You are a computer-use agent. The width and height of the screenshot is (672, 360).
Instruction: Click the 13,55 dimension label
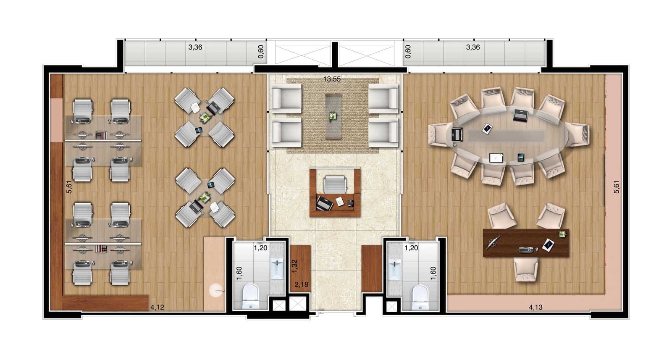tap(332, 79)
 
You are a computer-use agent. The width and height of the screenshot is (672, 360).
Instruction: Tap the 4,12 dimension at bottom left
tap(157, 307)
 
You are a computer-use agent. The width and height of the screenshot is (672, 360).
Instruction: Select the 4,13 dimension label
tap(535, 307)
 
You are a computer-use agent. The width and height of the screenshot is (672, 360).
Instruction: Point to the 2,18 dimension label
tap(301, 284)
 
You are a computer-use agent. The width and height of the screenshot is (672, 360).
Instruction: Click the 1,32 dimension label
tap(294, 266)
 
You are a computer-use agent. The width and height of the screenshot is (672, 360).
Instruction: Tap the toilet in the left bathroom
tap(250, 297)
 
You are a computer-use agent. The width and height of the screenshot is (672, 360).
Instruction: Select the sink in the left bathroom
tap(277, 268)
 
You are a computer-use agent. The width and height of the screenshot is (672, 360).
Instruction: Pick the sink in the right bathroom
tap(394, 269)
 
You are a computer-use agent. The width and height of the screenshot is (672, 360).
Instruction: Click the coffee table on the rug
tap(333, 116)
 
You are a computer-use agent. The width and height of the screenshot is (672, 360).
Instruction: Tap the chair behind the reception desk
tap(335, 184)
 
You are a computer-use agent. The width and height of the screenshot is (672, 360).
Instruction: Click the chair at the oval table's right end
tap(577, 135)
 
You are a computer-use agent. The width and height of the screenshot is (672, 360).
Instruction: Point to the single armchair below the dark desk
tap(526, 270)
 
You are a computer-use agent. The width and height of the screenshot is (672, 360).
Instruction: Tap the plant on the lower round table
tap(205, 197)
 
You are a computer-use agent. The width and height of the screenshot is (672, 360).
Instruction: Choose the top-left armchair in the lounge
tap(286, 98)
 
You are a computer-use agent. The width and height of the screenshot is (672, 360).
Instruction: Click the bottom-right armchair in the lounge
tap(384, 132)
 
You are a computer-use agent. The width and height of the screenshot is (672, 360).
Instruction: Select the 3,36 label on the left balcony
tap(195, 47)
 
